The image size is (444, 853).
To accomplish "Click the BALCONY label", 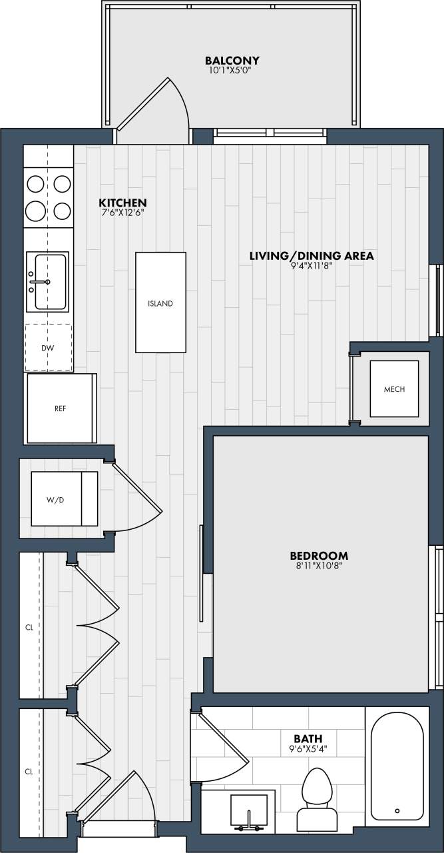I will pos(232,60).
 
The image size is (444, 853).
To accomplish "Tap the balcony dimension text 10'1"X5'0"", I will pos(232,69).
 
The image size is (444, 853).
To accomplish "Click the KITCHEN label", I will pos(122,203).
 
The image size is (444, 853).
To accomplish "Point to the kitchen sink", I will pos(47,281).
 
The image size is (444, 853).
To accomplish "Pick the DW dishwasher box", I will pos(49,347).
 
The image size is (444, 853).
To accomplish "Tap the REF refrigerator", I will pos(61,408).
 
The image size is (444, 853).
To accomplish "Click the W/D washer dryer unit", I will pos(65,498).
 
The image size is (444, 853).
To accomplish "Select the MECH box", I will pos(394,389).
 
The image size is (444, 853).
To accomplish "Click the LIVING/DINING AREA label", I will pos(311,255).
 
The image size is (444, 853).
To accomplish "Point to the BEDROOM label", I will pos(319,555).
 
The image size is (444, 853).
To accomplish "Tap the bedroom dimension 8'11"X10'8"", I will pos(319,566).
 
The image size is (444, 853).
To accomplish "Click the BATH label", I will pos(308,738).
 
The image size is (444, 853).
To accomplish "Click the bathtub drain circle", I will pos(397,810).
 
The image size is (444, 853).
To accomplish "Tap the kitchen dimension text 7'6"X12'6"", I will pos(122,213).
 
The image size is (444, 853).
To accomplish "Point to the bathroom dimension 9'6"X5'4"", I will pos(308,748).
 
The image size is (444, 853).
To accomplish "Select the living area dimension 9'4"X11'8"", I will pos(311,266).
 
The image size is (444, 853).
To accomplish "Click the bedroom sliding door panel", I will pos(201,574).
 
